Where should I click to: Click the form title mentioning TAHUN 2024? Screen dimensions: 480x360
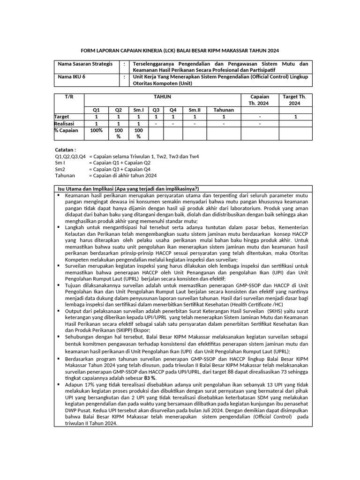180,50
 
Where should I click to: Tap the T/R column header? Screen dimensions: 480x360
69,96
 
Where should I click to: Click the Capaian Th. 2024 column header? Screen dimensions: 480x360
260,99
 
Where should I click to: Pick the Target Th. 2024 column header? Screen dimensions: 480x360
295,99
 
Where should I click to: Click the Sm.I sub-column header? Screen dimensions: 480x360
138,110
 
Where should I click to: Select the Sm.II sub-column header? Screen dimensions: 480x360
195,110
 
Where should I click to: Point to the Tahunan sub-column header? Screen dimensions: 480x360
224,110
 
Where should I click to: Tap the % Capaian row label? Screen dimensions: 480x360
66,130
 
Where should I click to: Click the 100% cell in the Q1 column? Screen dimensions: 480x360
96,130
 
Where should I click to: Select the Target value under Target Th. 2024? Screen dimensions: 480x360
295,117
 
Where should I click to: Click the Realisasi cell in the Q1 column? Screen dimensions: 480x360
96,123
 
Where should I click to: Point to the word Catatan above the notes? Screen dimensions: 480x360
65,150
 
